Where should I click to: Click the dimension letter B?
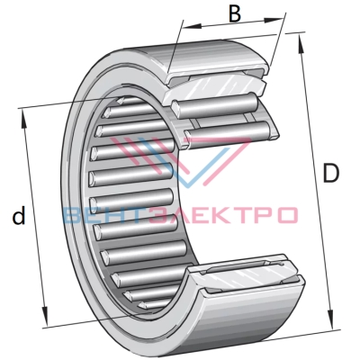point(235,13)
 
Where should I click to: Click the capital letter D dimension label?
point(330,173)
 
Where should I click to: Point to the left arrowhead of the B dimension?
point(192,27)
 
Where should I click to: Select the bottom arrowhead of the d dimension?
point(45,316)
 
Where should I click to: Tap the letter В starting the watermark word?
point(73,215)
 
